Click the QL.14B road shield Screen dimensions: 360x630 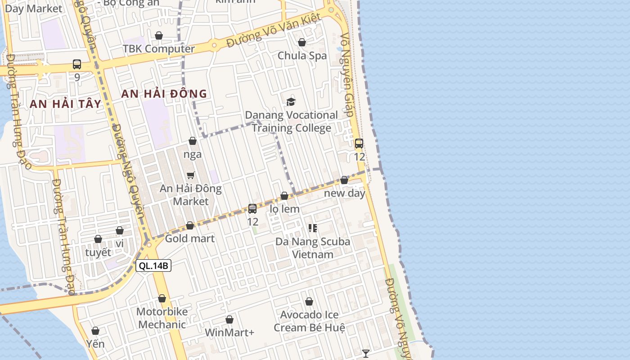153,265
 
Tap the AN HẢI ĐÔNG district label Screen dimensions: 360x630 164,94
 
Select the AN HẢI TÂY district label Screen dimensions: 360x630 66,103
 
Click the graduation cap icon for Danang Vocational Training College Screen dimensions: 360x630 291,102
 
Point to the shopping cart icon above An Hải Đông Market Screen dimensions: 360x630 191,175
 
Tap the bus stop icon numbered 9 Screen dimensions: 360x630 77,64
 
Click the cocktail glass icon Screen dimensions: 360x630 366,354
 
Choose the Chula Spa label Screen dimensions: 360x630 302,56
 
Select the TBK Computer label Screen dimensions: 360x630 158,49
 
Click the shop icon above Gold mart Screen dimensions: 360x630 190,225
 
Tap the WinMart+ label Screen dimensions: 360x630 229,333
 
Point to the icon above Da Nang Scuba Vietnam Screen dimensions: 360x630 313,228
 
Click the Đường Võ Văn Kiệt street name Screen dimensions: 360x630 274,31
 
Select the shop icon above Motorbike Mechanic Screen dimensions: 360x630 162,298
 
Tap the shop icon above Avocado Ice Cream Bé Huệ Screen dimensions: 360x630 309,301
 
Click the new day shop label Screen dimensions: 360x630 345,193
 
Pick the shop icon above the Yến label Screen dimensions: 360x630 95,331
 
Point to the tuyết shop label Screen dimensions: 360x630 98,252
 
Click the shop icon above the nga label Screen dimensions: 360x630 193,141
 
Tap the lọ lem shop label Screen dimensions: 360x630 284,209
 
